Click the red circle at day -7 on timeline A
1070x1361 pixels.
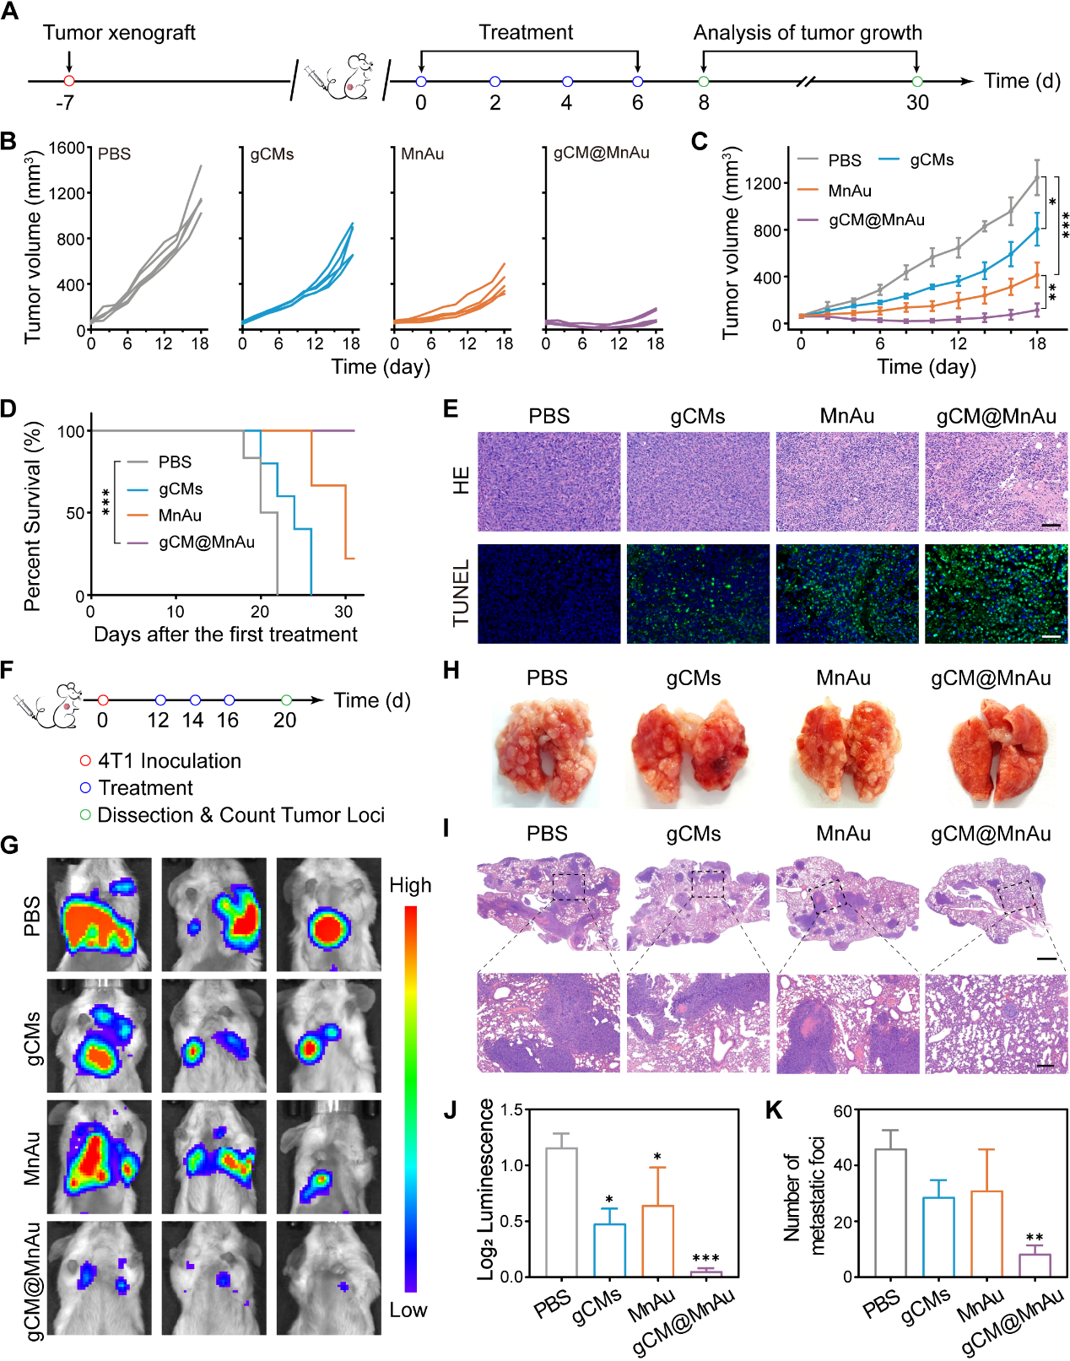(69, 81)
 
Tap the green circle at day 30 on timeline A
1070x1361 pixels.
(917, 81)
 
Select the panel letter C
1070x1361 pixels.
(699, 141)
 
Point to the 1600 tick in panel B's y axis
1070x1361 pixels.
(68, 149)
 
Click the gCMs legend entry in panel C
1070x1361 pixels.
(931, 159)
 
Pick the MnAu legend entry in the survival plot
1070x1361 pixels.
(180, 515)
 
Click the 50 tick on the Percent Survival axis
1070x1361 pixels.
(75, 513)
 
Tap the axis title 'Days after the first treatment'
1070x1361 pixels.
(225, 635)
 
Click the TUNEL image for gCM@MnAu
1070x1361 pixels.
(996, 594)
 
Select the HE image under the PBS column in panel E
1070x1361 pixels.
(549, 482)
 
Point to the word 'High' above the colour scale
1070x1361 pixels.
(410, 885)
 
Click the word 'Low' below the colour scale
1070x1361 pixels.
(408, 1310)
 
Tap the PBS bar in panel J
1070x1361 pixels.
(561, 1212)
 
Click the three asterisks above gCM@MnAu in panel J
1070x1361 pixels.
(705, 1258)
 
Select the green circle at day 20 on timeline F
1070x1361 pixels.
(286, 700)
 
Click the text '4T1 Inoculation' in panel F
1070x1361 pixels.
(170, 761)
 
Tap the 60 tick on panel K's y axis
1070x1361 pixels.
(842, 1110)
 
